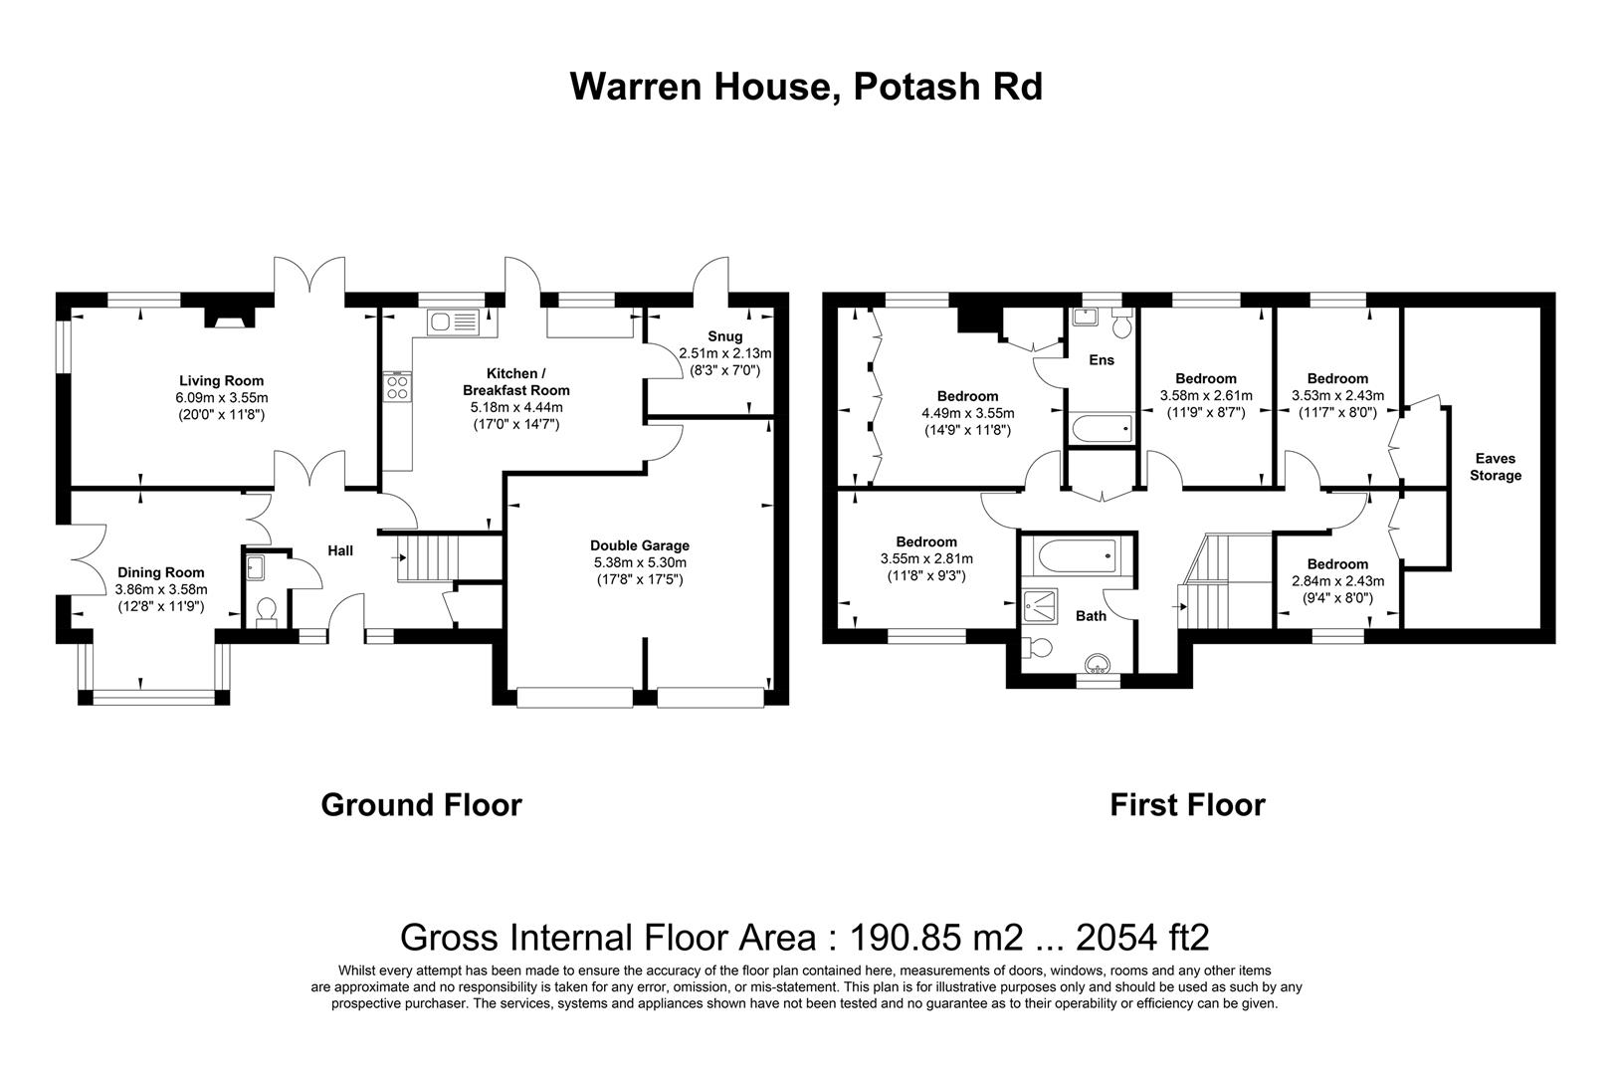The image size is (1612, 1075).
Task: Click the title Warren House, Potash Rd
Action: (806, 87)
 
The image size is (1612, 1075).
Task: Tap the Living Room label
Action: (221, 380)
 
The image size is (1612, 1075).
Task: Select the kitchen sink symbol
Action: (453, 322)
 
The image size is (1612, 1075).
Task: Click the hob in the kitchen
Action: (397, 386)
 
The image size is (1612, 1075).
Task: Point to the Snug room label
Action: (725, 336)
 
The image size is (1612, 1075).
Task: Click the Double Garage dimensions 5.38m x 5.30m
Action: (639, 562)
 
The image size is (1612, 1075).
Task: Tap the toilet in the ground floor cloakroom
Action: (265, 609)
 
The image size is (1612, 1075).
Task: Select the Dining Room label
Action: (160, 572)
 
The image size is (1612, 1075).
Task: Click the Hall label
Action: (340, 550)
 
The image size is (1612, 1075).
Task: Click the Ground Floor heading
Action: (421, 804)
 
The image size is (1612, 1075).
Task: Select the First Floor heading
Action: (1187, 804)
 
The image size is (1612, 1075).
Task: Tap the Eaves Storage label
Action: (1496, 467)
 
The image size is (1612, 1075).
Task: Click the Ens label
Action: (1102, 360)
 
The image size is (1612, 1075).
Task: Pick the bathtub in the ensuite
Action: (1102, 430)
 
